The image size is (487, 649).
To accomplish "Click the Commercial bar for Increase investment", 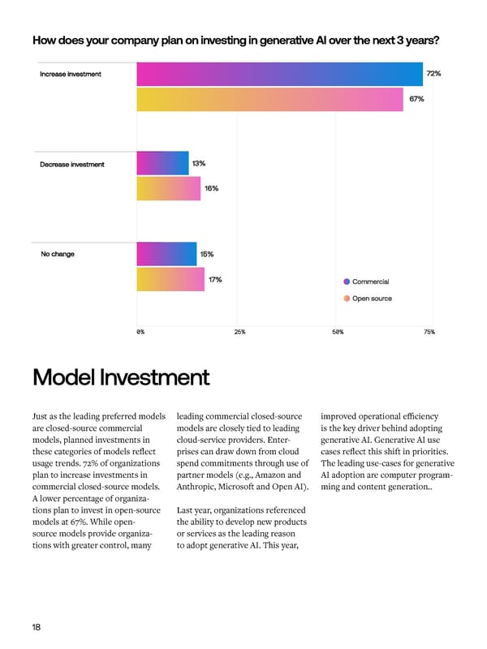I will (279, 74).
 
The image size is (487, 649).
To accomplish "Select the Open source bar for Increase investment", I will (269, 99).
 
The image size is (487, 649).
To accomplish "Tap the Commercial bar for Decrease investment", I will (162, 164).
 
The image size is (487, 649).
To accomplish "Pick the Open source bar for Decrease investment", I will (168, 188).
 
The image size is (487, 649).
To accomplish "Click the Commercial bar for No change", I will (166, 254).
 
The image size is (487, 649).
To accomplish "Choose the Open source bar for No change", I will (170, 279).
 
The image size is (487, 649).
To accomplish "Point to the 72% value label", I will (433, 74).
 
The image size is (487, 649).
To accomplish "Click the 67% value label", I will (416, 99).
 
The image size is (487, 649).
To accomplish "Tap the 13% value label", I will (199, 164).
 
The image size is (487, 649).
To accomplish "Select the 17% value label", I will (215, 280).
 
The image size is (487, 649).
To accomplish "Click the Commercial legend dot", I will (347, 282).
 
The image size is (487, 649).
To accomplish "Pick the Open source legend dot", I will (347, 299).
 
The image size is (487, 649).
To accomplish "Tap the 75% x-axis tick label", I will (429, 333).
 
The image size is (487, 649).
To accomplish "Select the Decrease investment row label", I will (72, 165).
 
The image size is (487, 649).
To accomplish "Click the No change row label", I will (58, 254).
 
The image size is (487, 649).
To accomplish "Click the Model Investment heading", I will (121, 378).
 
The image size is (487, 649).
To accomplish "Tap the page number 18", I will (37, 626).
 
